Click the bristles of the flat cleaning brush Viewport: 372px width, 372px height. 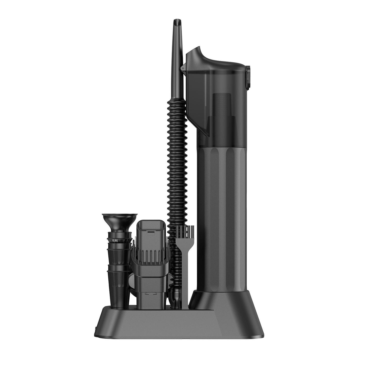(x=184, y=230)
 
